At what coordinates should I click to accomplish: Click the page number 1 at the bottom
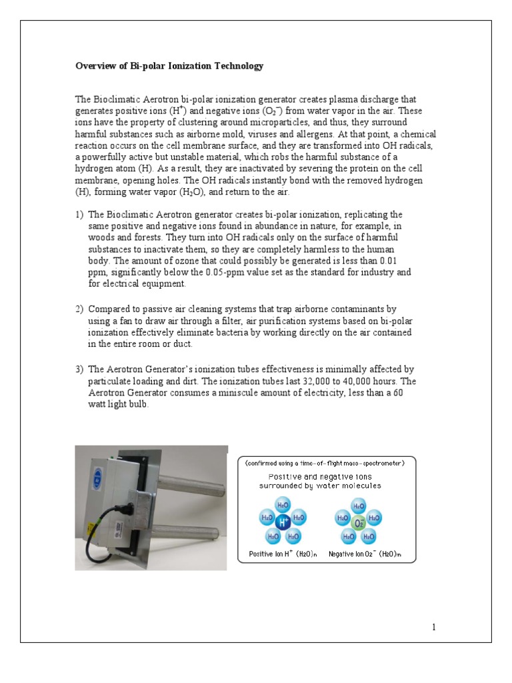pos(433,627)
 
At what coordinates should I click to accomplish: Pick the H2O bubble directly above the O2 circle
pos(359,506)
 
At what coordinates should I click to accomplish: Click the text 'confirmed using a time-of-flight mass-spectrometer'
pos(330,462)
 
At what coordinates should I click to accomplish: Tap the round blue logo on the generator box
pos(98,478)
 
